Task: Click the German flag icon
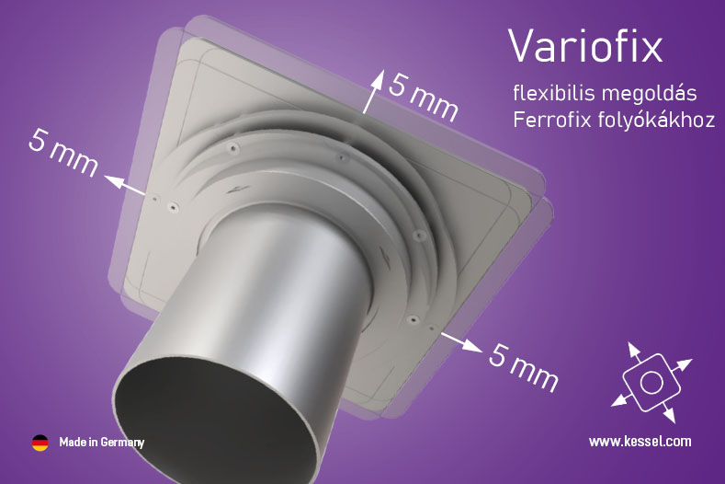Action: [40, 443]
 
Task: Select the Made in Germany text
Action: [102, 443]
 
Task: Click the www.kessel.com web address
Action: [640, 442]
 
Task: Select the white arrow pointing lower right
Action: [461, 342]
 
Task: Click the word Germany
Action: [122, 443]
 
